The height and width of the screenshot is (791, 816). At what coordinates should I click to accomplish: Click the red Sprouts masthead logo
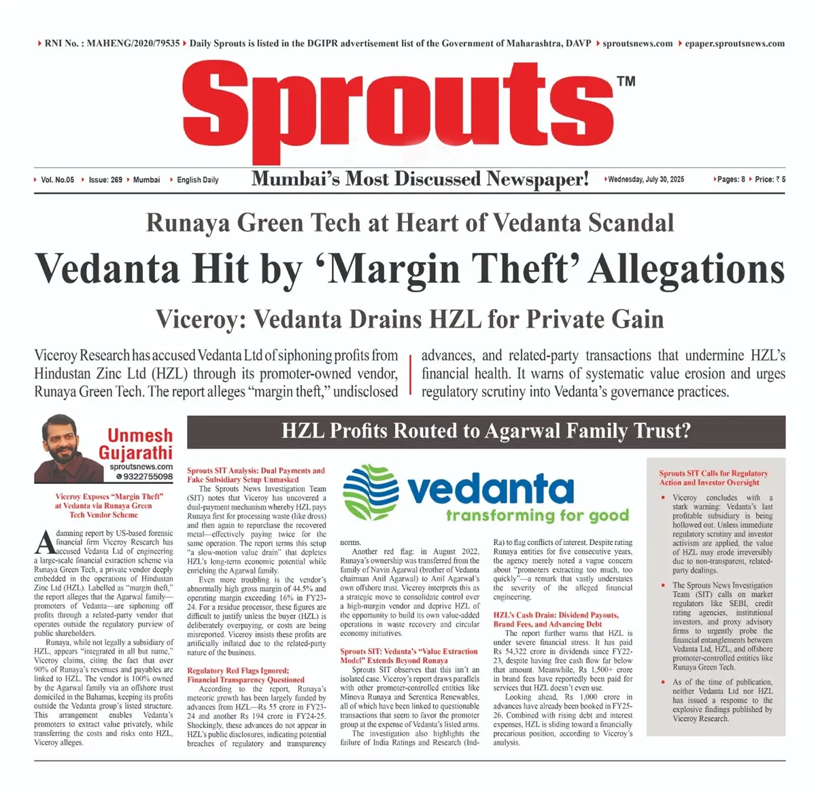pyautogui.click(x=398, y=109)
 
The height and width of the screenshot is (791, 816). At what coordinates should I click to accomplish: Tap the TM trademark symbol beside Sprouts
pyautogui.click(x=626, y=82)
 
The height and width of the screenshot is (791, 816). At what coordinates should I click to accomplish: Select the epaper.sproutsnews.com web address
pyautogui.click(x=734, y=43)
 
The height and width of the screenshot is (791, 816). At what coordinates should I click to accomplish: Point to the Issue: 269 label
pyautogui.click(x=105, y=180)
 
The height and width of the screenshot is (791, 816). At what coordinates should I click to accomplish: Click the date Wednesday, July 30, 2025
pyautogui.click(x=646, y=179)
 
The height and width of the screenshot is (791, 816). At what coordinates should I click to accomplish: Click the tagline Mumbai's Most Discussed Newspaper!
pyautogui.click(x=420, y=179)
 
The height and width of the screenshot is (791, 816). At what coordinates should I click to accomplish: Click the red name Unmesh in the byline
pyautogui.click(x=140, y=436)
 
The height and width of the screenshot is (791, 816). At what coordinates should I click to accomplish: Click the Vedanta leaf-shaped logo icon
pyautogui.click(x=371, y=493)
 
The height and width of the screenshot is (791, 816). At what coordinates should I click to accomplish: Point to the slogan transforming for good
pyautogui.click(x=537, y=515)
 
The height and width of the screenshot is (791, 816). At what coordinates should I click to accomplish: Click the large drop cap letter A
pyautogui.click(x=44, y=542)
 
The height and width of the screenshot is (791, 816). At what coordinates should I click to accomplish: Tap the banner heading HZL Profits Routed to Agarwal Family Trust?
pyautogui.click(x=486, y=431)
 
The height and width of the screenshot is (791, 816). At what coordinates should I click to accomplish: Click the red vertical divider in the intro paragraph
pyautogui.click(x=410, y=374)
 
